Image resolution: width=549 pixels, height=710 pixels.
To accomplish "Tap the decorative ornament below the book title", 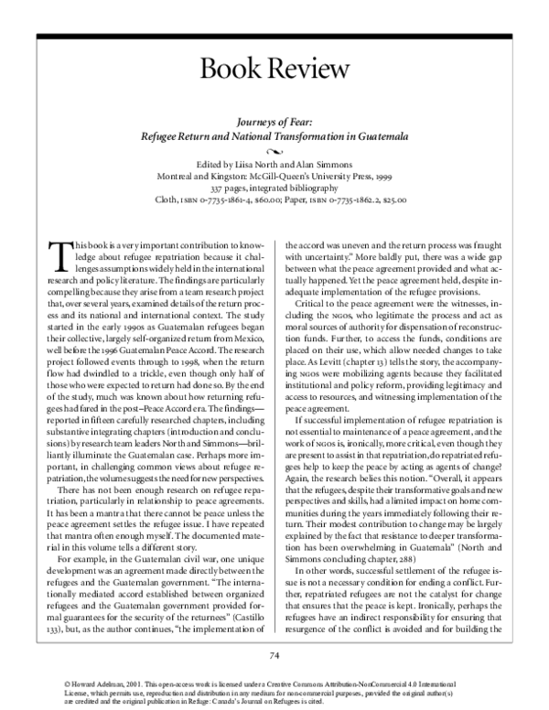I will pos(274,149).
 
